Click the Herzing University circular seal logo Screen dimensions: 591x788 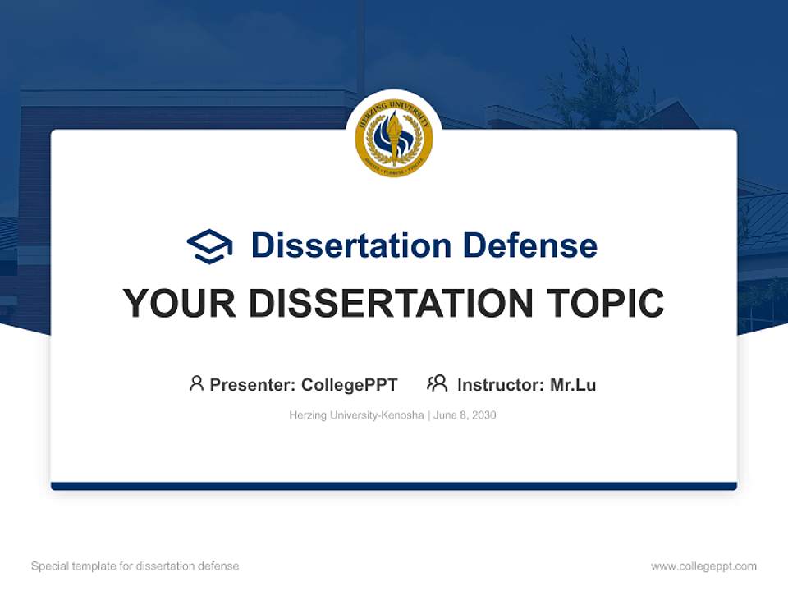(x=393, y=138)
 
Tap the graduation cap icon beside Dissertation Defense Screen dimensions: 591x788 (x=209, y=245)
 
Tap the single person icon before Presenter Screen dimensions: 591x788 (x=196, y=383)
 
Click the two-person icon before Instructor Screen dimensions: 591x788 (x=437, y=383)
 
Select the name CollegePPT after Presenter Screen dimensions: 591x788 (x=350, y=384)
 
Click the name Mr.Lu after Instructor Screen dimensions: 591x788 (x=573, y=384)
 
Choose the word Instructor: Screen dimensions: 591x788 (x=501, y=384)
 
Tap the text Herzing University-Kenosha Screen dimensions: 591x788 (x=356, y=415)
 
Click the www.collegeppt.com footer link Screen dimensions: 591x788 (x=703, y=566)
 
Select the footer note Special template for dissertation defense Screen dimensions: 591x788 (x=135, y=566)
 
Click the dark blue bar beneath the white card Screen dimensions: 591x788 (x=394, y=486)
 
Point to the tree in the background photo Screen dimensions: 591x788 (x=595, y=82)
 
